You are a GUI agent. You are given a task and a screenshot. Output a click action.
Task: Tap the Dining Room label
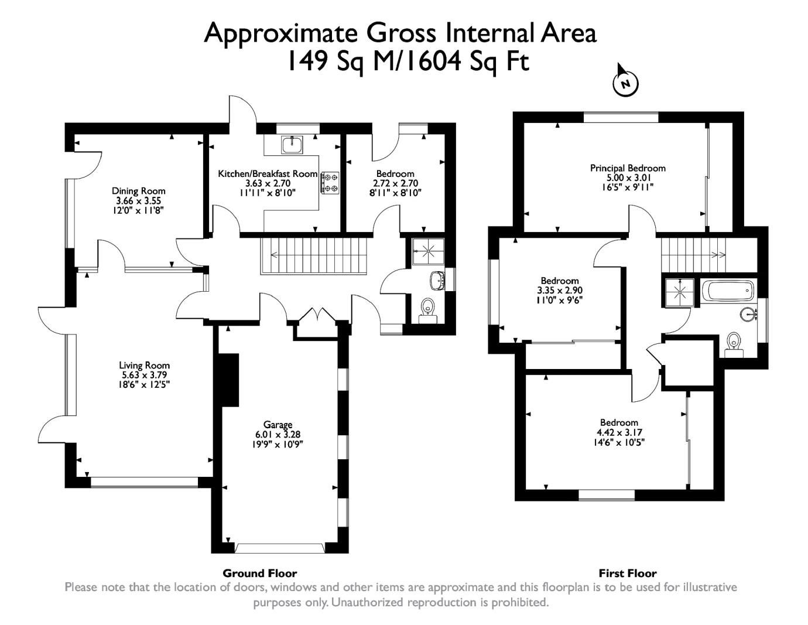tap(138, 191)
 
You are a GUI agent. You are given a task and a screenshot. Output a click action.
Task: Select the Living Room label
tap(144, 366)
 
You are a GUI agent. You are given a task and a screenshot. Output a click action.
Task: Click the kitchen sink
tap(291, 144)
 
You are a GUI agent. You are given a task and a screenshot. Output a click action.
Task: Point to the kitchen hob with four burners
tap(330, 182)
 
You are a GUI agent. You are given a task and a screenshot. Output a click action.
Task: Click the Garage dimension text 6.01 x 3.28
tap(278, 435)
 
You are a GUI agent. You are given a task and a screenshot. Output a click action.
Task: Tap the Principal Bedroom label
tap(628, 168)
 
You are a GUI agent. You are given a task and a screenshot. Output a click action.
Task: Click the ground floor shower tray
tap(428, 251)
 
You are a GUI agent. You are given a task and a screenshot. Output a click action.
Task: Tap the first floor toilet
tap(733, 341)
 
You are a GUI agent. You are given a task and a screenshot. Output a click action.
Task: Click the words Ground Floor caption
tap(259, 573)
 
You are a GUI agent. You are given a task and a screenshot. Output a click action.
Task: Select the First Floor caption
tap(627, 573)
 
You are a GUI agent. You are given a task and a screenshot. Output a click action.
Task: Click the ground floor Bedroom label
tap(395, 174)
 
